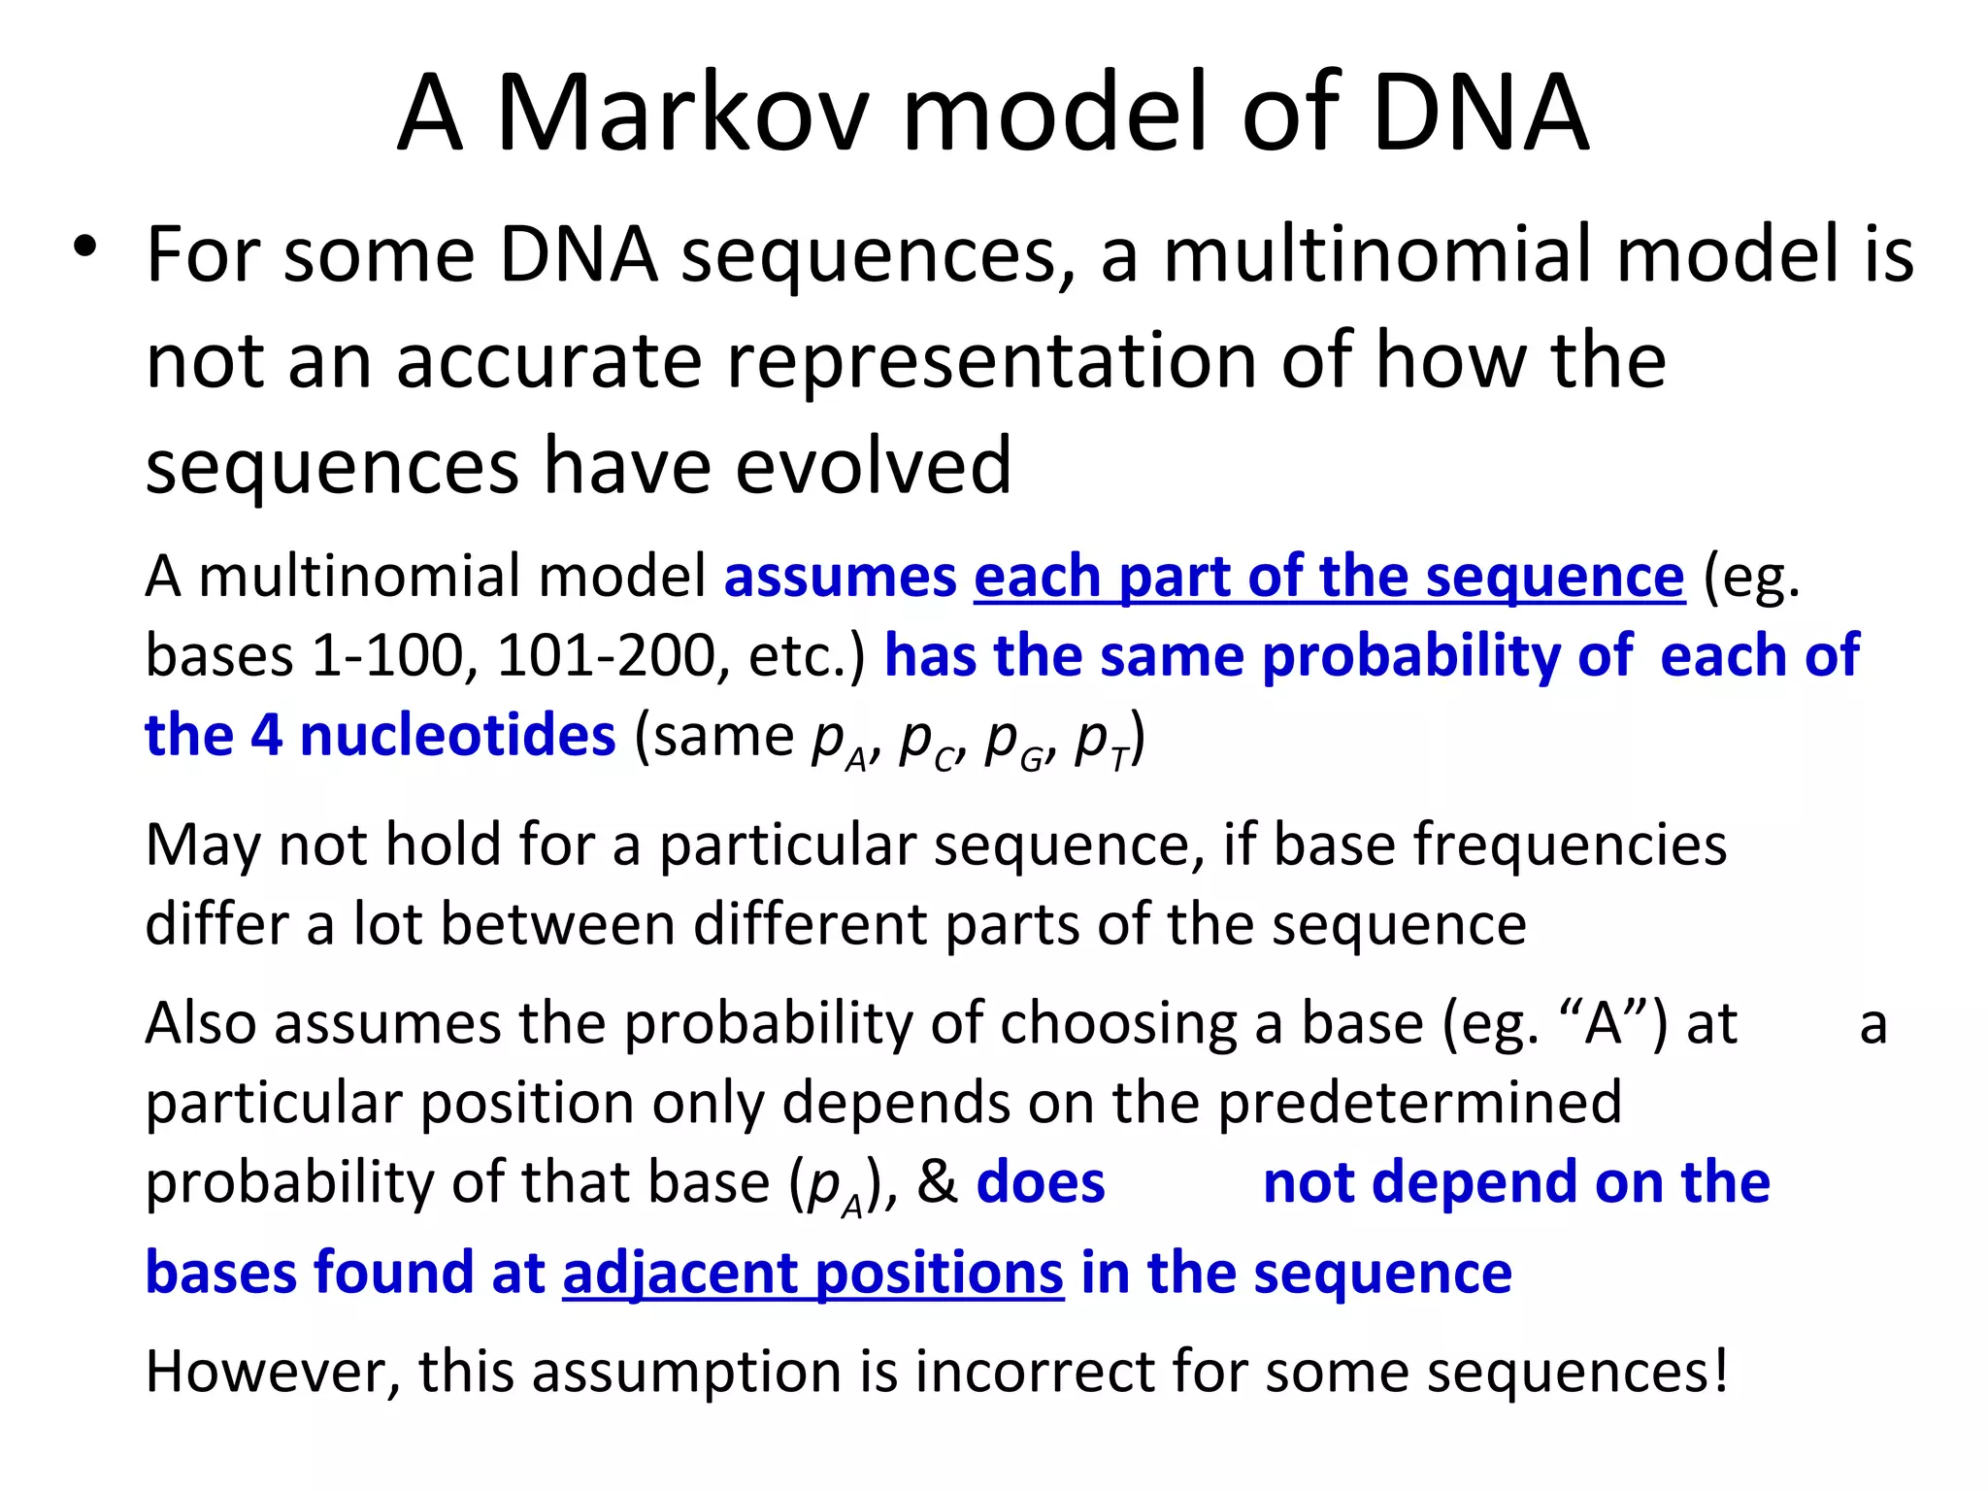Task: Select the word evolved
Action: click(x=873, y=466)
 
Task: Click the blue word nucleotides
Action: click(x=457, y=735)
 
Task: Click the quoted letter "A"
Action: click(x=1603, y=1023)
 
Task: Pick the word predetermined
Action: click(x=1419, y=1103)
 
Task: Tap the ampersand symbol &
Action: click(x=937, y=1182)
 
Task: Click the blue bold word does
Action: click(x=1040, y=1182)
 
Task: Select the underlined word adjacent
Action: click(x=680, y=1274)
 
